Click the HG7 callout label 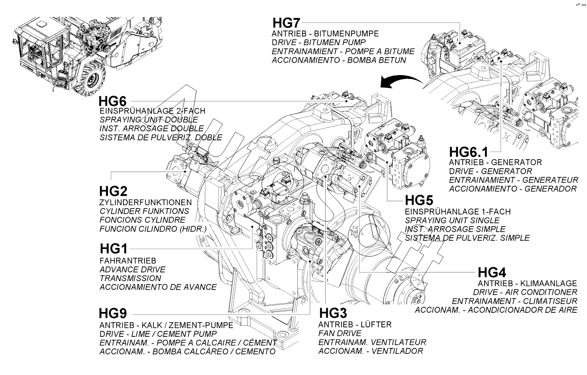[x=286, y=23]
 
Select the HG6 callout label [x=112, y=101]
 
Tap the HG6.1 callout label [x=469, y=152]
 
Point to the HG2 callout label [x=113, y=191]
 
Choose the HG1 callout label [x=114, y=248]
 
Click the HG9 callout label [x=113, y=313]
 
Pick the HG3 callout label [x=333, y=313]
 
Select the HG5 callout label [x=419, y=200]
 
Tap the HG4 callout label [x=492, y=272]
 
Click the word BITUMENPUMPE [x=346, y=33]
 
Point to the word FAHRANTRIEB [x=128, y=260]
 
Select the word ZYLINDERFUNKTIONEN [x=145, y=203]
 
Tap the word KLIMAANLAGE [x=548, y=284]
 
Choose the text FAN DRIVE [x=340, y=333]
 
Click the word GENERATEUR [x=550, y=180]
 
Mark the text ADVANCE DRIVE [x=132, y=269]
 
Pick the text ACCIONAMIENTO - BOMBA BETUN [x=339, y=60]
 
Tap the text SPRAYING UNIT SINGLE [x=452, y=220]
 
